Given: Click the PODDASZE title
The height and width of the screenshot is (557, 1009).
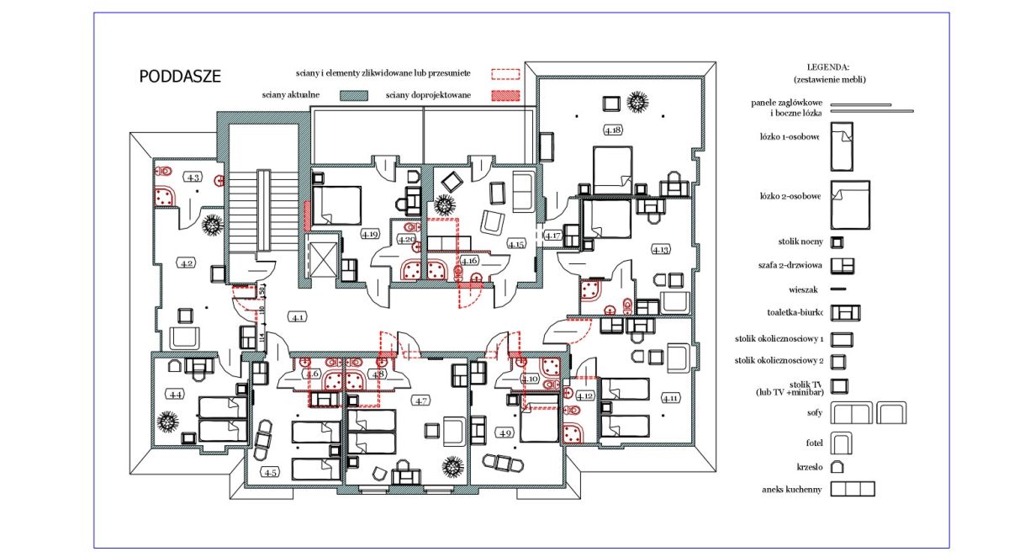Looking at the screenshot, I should tap(179, 77).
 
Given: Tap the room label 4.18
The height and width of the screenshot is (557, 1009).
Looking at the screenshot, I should tap(612, 129).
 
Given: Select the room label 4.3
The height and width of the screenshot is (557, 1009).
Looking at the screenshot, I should tap(193, 178).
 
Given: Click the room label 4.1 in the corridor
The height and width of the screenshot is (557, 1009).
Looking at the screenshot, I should tap(298, 317).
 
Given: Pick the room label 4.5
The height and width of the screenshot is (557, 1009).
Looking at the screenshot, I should tap(269, 471).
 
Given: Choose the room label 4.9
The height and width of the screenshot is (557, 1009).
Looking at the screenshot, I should tap(504, 432).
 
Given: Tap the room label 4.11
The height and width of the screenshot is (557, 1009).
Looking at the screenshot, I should tap(671, 397).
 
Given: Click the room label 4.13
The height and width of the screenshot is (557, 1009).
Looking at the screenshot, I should tap(661, 249).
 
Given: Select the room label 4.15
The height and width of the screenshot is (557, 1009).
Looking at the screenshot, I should tap(515, 244).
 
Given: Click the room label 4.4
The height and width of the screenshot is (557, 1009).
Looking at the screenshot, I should tap(175, 394).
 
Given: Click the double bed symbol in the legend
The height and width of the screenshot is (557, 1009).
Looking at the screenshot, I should tap(850, 205).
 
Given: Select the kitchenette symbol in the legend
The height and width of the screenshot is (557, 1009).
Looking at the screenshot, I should tap(853, 489).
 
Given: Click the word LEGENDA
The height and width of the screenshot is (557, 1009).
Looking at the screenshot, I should tap(827, 66).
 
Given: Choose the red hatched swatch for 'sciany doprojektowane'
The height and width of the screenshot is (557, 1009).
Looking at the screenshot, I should tap(506, 95).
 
